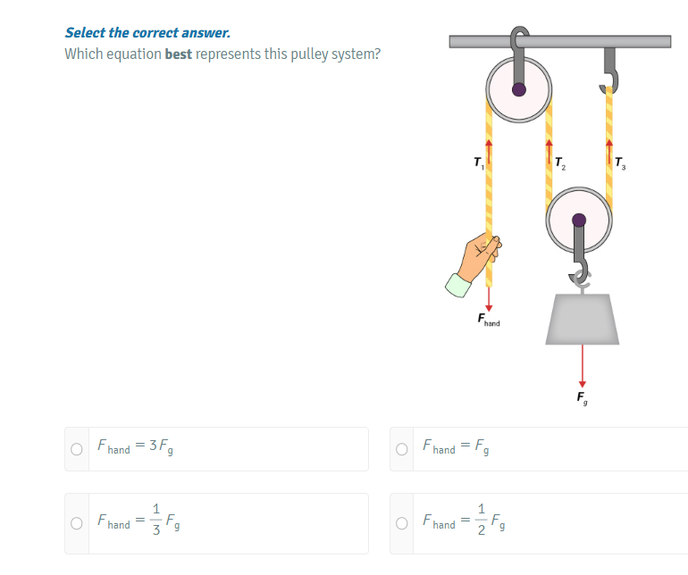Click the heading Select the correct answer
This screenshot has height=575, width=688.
point(147,33)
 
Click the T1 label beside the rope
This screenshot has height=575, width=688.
point(478,163)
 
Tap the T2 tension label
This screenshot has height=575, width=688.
point(559,163)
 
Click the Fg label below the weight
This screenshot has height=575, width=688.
point(583,396)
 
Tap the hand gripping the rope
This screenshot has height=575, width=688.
point(478,263)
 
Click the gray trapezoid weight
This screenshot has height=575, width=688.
point(583,318)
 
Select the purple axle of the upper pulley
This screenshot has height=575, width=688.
point(518,89)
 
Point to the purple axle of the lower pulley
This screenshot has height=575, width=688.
point(580,219)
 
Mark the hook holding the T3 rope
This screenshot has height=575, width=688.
point(610,71)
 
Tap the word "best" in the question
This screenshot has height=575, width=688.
point(179,54)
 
